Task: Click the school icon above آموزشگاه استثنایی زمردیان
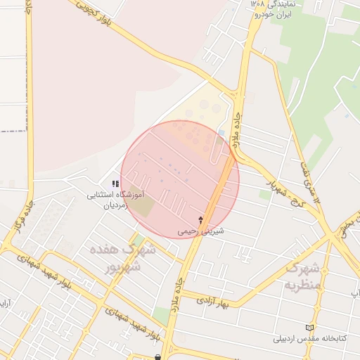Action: (115, 184)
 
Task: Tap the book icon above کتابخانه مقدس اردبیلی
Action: (309, 328)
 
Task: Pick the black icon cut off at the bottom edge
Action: (158, 356)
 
